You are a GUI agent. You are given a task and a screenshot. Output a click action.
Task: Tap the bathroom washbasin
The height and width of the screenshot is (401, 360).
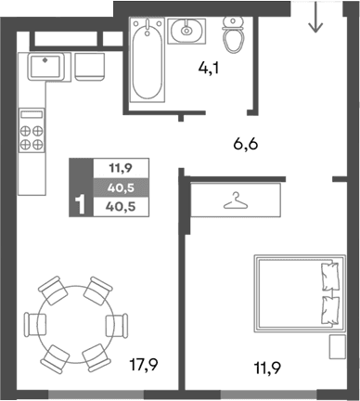coord(187,31)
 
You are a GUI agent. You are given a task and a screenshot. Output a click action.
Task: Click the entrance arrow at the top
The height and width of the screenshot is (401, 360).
coord(315,18)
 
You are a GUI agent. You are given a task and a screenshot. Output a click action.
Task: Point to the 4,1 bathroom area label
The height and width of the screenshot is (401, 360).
coord(211,67)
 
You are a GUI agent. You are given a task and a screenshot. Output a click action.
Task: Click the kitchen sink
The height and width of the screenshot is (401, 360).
coord(45,66)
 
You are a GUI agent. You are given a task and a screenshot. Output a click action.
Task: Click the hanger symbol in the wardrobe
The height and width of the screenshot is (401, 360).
coord(237,200)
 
